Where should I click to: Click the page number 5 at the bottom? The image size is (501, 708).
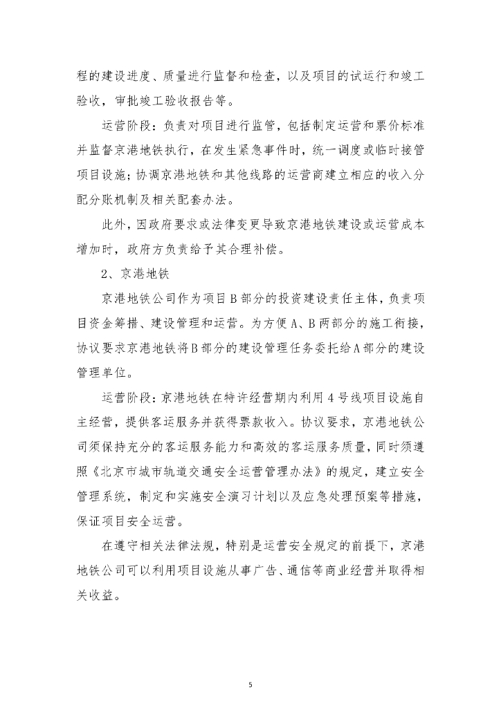click(x=250, y=666)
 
